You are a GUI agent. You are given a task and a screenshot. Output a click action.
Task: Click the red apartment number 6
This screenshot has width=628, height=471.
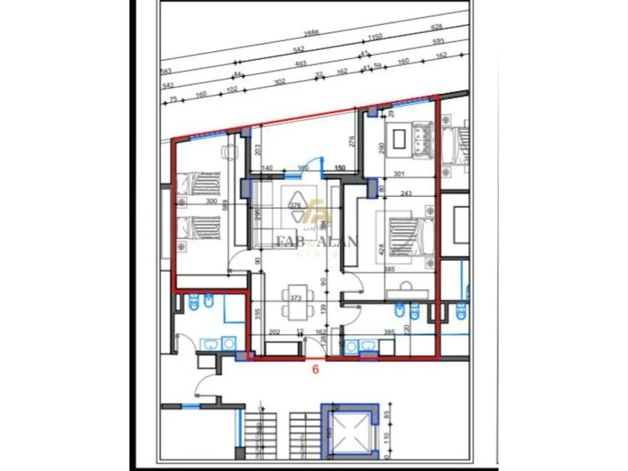tap(315, 370)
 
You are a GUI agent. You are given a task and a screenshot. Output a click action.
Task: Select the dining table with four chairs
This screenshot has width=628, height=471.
tap(295, 301)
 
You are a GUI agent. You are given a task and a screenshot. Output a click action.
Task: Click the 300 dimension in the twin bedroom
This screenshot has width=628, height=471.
tap(193, 201)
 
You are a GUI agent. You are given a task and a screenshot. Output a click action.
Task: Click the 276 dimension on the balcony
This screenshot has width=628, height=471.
tap(352, 142)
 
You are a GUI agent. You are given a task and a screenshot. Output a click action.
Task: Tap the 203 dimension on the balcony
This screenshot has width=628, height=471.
tap(258, 149)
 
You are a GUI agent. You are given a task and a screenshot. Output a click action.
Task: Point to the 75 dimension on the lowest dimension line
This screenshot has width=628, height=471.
tap(173, 98)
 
